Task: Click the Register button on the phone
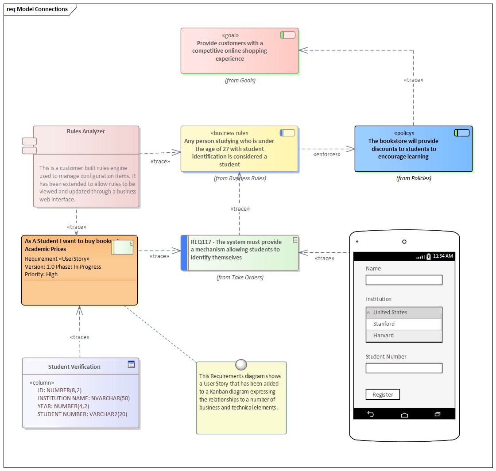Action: pyautogui.click(x=383, y=394)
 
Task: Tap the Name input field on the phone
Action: pyautogui.click(x=404, y=280)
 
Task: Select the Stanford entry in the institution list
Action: pyautogui.click(x=403, y=324)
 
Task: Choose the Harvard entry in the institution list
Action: pyautogui.click(x=403, y=336)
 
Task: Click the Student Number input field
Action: pyautogui.click(x=404, y=368)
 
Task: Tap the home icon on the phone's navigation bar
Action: pyautogui.click(x=404, y=414)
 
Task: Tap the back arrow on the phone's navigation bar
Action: pyautogui.click(x=371, y=414)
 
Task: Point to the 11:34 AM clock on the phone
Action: pyautogui.click(x=442, y=256)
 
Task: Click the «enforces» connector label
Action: pyautogui.click(x=327, y=154)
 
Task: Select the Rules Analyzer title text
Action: pyautogui.click(x=86, y=131)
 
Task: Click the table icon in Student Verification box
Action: pyautogui.click(x=131, y=364)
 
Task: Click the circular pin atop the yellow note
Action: pyautogui.click(x=241, y=364)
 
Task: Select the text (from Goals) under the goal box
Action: pyautogui.click(x=240, y=81)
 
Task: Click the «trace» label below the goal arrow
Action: pyautogui.click(x=414, y=80)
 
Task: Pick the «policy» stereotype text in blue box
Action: pyautogui.click(x=404, y=133)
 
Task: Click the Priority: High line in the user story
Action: pyautogui.click(x=41, y=274)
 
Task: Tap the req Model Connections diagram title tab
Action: pyautogui.click(x=38, y=9)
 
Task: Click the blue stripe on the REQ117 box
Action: pyautogui.click(x=185, y=253)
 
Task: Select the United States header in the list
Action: pyautogui.click(x=390, y=313)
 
